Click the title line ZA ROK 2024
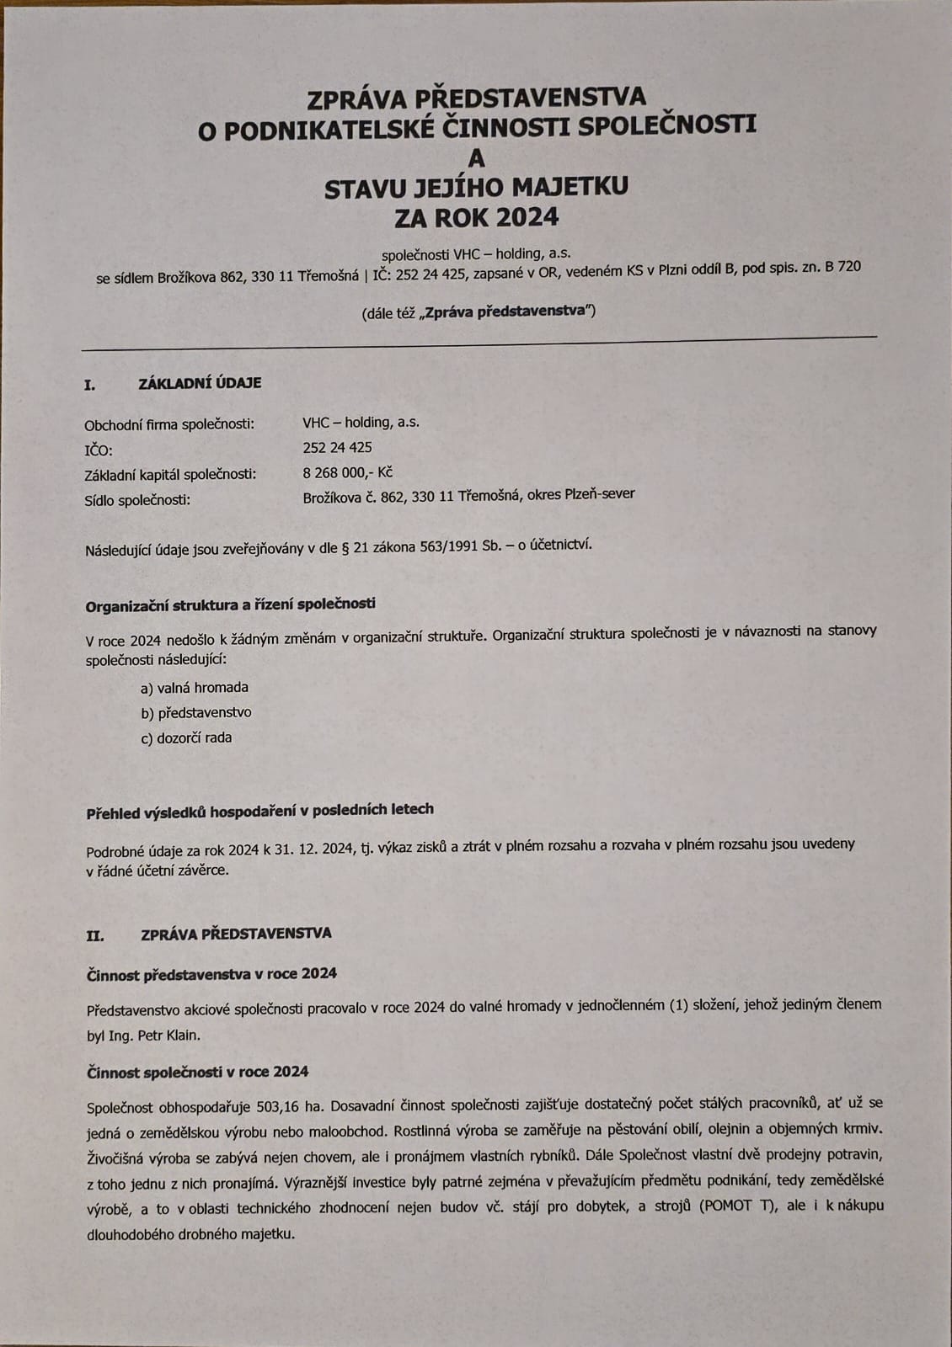coord(476,217)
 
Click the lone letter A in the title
coord(477,157)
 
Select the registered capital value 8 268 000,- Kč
coord(347,472)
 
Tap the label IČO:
coord(99,450)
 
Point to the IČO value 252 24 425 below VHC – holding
coord(337,447)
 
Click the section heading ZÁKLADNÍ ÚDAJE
coord(200,383)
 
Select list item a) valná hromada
coord(195,687)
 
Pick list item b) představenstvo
coord(196,712)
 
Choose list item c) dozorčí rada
coord(186,737)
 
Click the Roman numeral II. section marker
coord(94,934)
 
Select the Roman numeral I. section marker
coord(90,385)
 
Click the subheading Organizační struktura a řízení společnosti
coord(231,604)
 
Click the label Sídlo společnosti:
coord(138,499)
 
